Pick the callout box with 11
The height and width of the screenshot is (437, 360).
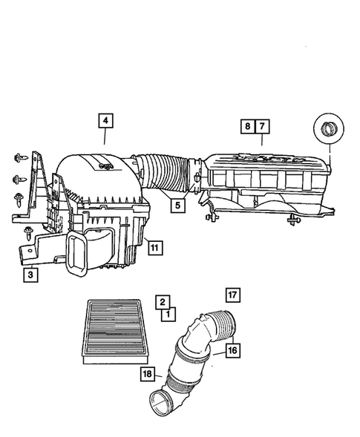[154, 248]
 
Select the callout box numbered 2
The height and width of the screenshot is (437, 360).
[161, 301]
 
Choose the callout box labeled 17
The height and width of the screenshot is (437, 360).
[232, 295]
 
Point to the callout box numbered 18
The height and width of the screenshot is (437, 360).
[147, 375]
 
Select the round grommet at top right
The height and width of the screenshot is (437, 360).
[326, 132]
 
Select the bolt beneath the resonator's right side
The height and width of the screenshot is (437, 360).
[295, 220]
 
